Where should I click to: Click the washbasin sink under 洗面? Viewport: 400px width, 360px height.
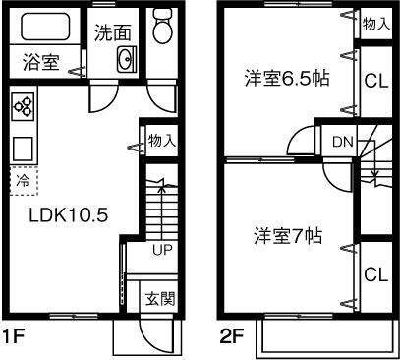[126, 61]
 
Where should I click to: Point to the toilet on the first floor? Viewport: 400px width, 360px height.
[162, 30]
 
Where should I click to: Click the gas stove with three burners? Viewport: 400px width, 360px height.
[24, 106]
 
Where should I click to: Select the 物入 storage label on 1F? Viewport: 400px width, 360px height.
[161, 141]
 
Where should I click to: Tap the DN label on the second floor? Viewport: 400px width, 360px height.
[342, 142]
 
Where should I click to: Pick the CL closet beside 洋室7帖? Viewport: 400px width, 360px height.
[373, 272]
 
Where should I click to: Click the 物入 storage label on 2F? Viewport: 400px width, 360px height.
[374, 23]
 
